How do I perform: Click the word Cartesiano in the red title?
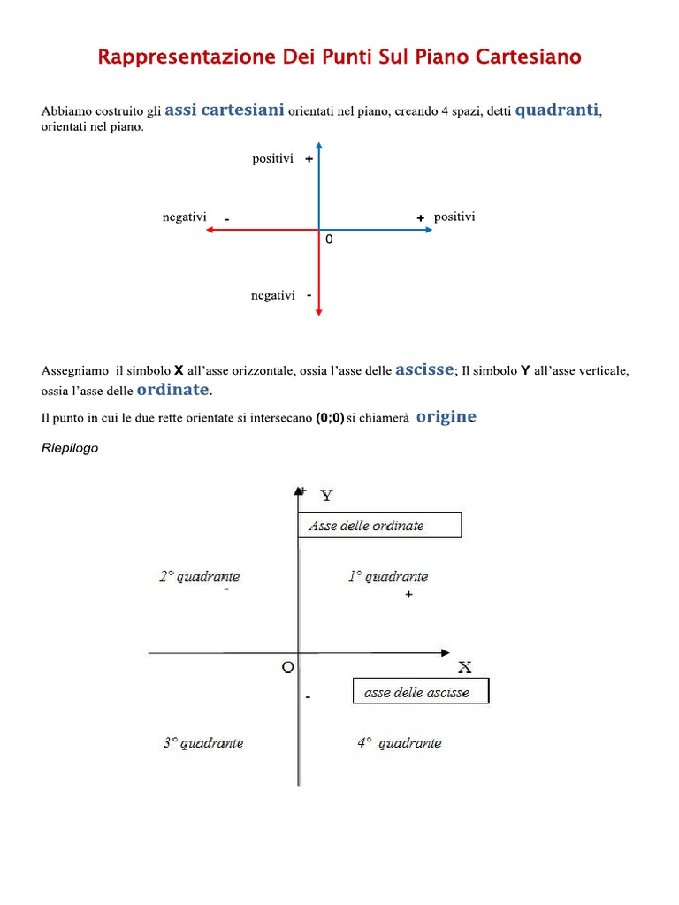[x=529, y=57]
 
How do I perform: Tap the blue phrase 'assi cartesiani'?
[x=225, y=110]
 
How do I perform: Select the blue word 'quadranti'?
[x=557, y=110]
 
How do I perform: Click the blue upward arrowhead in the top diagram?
[x=319, y=147]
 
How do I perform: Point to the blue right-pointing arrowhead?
[x=428, y=230]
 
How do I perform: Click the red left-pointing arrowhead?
[x=210, y=230]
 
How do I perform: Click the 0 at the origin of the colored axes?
[x=329, y=240]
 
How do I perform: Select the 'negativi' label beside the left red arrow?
[x=184, y=217]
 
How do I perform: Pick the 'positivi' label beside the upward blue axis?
[x=272, y=159]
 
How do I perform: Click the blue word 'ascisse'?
[x=424, y=369]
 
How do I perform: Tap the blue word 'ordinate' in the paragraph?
[x=172, y=390]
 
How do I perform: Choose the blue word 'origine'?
[x=446, y=417]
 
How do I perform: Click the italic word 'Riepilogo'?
[x=70, y=448]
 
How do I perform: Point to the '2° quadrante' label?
[x=199, y=577]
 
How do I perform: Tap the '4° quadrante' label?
[x=399, y=743]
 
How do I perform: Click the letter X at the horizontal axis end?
[x=464, y=666]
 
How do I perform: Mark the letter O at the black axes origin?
[x=287, y=667]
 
